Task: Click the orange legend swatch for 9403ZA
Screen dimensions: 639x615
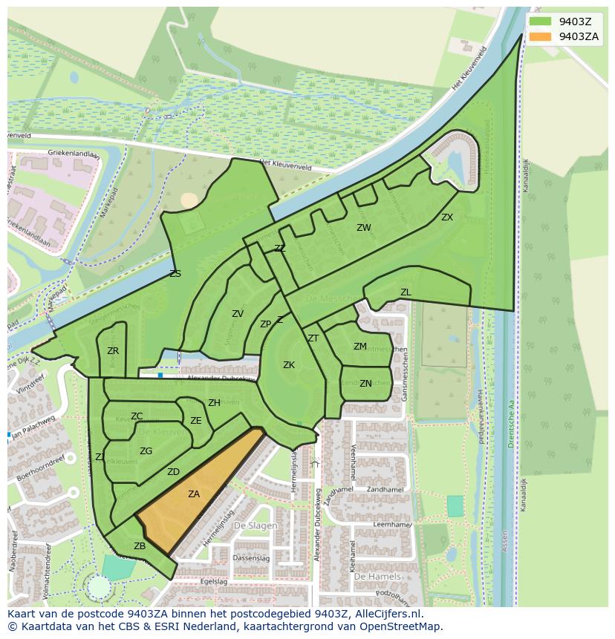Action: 540,36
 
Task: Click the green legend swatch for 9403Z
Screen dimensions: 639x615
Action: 540,22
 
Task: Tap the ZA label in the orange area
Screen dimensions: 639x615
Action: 194,494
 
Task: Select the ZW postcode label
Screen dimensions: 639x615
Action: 363,228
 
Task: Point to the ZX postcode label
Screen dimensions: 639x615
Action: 447,217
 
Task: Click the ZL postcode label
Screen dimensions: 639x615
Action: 406,292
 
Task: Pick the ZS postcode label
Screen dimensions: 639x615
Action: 175,274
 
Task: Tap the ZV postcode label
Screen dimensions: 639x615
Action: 238,314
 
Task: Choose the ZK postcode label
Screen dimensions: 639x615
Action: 289,365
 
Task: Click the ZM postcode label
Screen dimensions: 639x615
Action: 360,347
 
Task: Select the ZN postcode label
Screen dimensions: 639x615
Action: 365,384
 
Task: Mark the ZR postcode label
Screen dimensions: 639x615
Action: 113,351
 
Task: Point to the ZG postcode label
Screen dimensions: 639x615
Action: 146,451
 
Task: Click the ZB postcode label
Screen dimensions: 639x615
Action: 140,546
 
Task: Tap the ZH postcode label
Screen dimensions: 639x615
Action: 214,403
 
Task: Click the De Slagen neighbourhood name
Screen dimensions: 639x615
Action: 255,525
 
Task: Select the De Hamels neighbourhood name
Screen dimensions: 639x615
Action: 377,576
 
